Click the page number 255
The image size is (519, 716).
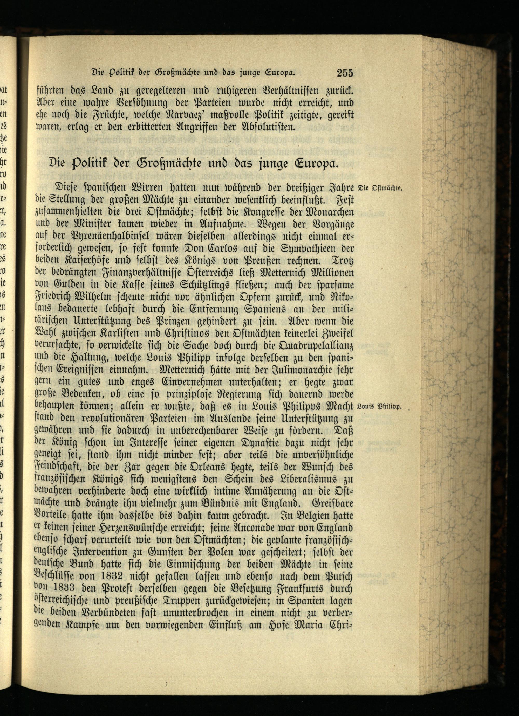point(344,73)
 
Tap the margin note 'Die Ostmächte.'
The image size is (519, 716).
point(379,189)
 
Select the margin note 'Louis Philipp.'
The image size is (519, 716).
point(379,407)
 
